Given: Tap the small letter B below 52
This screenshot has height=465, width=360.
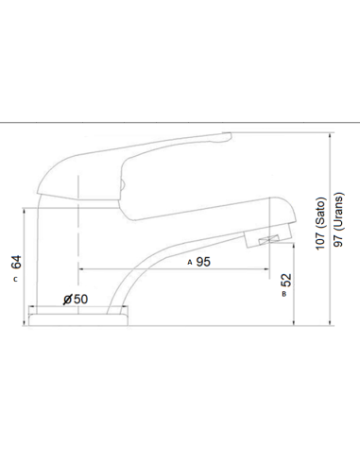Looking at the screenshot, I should (284, 295).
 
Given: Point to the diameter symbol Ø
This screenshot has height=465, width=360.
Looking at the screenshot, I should (65, 300).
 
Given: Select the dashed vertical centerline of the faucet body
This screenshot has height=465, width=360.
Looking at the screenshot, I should (77, 246).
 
